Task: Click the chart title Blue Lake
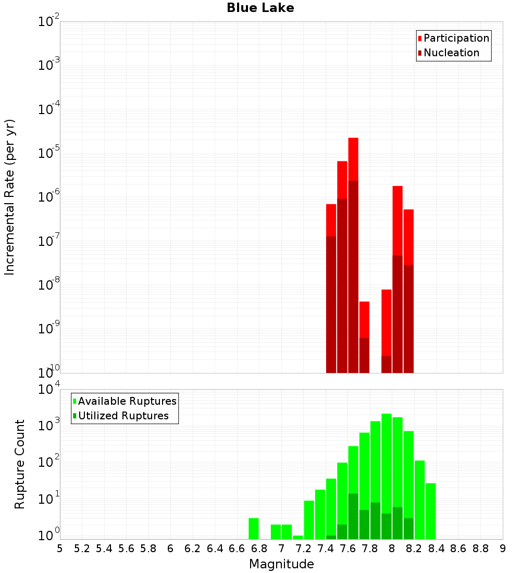pyautogui.click(x=260, y=8)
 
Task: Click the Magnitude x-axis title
pyautogui.click(x=281, y=564)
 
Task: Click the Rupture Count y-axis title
pyautogui.click(x=20, y=464)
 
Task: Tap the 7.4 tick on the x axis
pyautogui.click(x=326, y=549)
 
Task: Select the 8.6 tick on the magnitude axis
pyautogui.click(x=458, y=549)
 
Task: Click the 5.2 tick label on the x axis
pyautogui.click(x=82, y=549)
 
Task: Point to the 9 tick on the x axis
pyautogui.click(x=503, y=549)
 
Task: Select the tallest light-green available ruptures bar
pyautogui.click(x=387, y=469)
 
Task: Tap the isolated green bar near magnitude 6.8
pyautogui.click(x=254, y=529)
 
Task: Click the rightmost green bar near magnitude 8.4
pyautogui.click(x=431, y=510)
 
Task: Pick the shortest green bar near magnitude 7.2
pyautogui.click(x=298, y=537)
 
